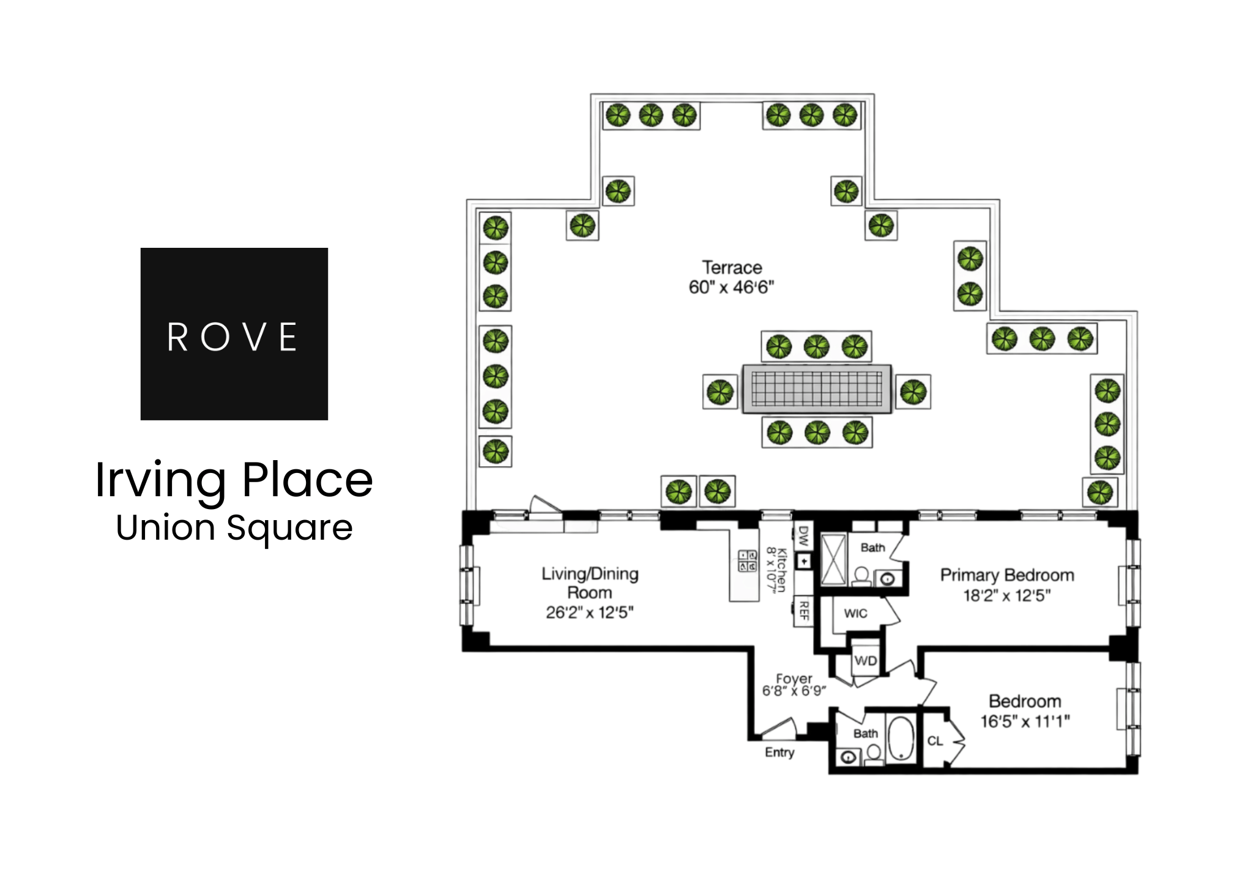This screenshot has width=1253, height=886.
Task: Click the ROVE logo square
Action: (x=234, y=333)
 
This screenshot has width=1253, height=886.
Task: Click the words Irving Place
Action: (x=234, y=479)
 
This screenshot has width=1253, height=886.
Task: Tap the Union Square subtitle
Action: (x=234, y=527)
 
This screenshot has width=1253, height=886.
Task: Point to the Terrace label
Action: (x=732, y=267)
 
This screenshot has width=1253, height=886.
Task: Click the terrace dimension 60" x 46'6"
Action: (x=731, y=287)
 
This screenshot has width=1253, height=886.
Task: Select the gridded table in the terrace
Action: (x=817, y=389)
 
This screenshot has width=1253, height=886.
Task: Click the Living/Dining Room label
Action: (x=589, y=583)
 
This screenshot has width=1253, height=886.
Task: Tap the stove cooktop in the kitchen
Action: (x=748, y=560)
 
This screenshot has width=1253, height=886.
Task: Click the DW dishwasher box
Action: (x=803, y=536)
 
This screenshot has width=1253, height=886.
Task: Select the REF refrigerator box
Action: (x=803, y=610)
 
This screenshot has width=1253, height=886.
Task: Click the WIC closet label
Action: (x=855, y=613)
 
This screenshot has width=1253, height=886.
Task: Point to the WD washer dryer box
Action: (x=865, y=661)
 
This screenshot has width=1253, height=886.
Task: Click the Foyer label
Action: (x=794, y=679)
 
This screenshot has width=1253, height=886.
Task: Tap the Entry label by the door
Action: (x=779, y=752)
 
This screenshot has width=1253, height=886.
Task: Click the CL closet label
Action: (x=935, y=741)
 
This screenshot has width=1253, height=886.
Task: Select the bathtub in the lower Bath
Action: (x=900, y=739)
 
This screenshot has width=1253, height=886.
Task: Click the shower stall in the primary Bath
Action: (x=833, y=559)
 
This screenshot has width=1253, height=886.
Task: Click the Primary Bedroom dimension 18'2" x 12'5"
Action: (x=1007, y=595)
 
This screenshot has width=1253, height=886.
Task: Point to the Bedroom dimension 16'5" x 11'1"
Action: (x=1025, y=721)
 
